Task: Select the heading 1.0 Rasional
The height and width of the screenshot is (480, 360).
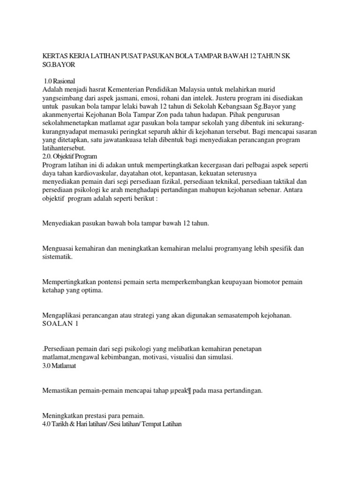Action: (59, 81)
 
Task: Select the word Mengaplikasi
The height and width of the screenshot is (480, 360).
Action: (61, 316)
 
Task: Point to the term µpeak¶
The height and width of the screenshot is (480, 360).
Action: (180, 390)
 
